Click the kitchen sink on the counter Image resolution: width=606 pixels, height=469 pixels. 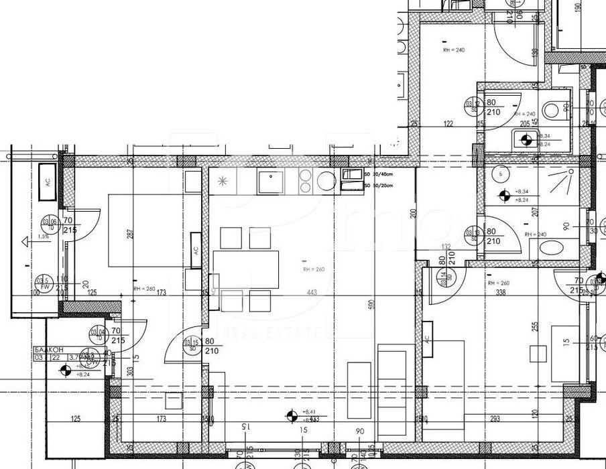tap(271, 182)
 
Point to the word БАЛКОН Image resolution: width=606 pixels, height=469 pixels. tap(48, 350)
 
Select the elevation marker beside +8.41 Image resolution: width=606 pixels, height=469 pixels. tap(292, 415)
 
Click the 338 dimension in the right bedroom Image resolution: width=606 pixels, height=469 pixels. tap(499, 292)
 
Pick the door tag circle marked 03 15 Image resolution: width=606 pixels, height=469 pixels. tap(192, 346)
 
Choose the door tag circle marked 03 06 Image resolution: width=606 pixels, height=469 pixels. tap(48, 222)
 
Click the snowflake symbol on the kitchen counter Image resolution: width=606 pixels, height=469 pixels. tap(223, 181)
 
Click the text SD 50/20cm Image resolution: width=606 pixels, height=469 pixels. tap(377, 185)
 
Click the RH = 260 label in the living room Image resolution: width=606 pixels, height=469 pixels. tap(313, 270)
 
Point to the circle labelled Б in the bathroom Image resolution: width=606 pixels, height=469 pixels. tap(501, 173)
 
